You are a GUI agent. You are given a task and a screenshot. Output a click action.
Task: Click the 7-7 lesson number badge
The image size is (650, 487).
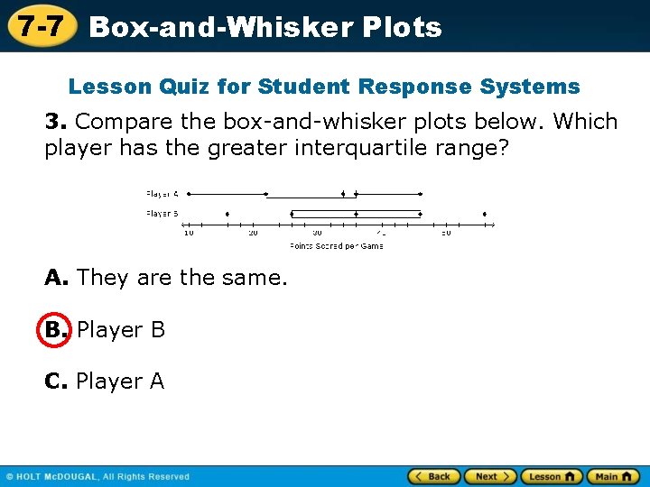[x=40, y=26]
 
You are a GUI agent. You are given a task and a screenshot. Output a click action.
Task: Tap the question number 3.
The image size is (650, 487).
[x=53, y=122]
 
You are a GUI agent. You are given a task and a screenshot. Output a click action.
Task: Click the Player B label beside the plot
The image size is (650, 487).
[x=162, y=214]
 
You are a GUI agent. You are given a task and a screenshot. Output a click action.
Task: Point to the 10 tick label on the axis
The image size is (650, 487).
[x=189, y=233]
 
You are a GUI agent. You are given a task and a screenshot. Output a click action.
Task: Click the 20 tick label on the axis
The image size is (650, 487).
[x=253, y=233]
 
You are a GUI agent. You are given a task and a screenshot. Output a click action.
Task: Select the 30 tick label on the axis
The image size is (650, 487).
[x=317, y=233]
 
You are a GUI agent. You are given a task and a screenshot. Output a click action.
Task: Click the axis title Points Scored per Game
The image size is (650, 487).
[x=336, y=246]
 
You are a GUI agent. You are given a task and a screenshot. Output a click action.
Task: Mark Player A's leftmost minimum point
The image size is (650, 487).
[x=189, y=194]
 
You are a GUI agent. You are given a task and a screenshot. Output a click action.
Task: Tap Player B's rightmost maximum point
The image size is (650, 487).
[x=485, y=214]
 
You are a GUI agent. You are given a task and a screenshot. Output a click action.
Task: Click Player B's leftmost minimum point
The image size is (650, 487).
[x=227, y=214]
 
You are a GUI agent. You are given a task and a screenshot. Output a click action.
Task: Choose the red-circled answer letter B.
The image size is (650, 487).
[x=53, y=330]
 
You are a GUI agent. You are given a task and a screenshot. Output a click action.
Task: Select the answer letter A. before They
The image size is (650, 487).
[x=55, y=278]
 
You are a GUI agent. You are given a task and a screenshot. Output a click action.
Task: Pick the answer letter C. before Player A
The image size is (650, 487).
[x=55, y=382]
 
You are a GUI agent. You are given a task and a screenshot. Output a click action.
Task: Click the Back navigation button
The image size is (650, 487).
[x=433, y=476]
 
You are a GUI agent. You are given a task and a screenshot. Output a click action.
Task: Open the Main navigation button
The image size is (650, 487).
[x=613, y=476]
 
